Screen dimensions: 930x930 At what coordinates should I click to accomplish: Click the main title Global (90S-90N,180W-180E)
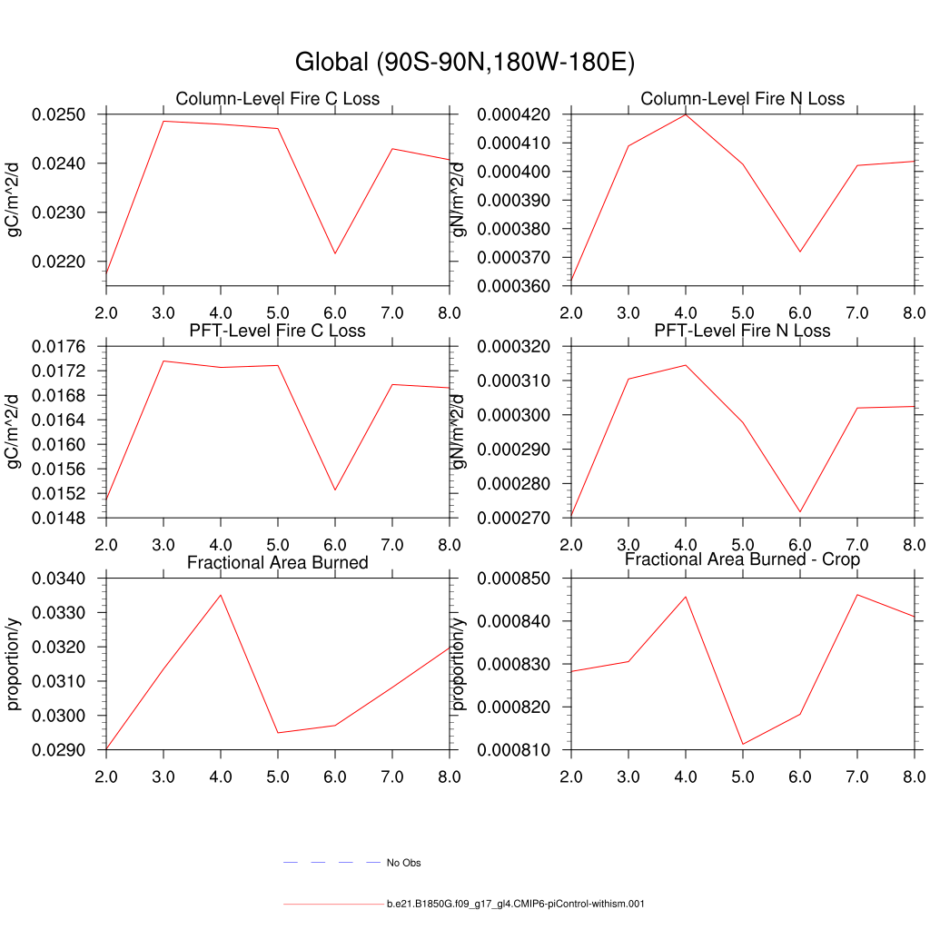[464, 63]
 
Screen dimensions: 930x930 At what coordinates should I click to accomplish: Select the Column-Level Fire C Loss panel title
[277, 98]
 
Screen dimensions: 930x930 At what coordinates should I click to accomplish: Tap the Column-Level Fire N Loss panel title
[742, 98]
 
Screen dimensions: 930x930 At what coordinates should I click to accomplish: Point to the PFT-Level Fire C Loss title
[277, 331]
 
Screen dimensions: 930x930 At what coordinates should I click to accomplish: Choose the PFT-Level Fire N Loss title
[742, 331]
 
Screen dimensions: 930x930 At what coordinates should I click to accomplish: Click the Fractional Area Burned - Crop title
[742, 559]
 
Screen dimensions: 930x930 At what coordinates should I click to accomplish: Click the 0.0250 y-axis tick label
[59, 115]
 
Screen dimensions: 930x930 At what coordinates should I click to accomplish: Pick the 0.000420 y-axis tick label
[514, 115]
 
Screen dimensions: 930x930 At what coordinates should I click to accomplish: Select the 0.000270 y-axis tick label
[514, 519]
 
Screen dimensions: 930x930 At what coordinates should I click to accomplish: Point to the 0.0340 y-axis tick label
[59, 579]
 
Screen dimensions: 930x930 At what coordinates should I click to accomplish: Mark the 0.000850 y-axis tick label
[514, 579]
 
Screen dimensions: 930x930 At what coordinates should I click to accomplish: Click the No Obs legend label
[403, 863]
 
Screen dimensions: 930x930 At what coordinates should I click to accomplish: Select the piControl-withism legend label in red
[515, 905]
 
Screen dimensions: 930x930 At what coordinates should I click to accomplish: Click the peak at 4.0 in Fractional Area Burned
[221, 595]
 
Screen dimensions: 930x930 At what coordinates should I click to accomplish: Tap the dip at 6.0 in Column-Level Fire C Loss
[335, 253]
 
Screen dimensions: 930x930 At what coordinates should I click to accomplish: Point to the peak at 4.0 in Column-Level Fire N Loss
[686, 114]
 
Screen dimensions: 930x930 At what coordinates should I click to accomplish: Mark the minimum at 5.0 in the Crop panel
[743, 745]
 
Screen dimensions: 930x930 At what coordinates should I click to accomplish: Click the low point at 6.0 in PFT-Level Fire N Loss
[800, 512]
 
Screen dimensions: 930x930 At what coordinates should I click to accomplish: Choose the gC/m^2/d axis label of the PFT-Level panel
[15, 431]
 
